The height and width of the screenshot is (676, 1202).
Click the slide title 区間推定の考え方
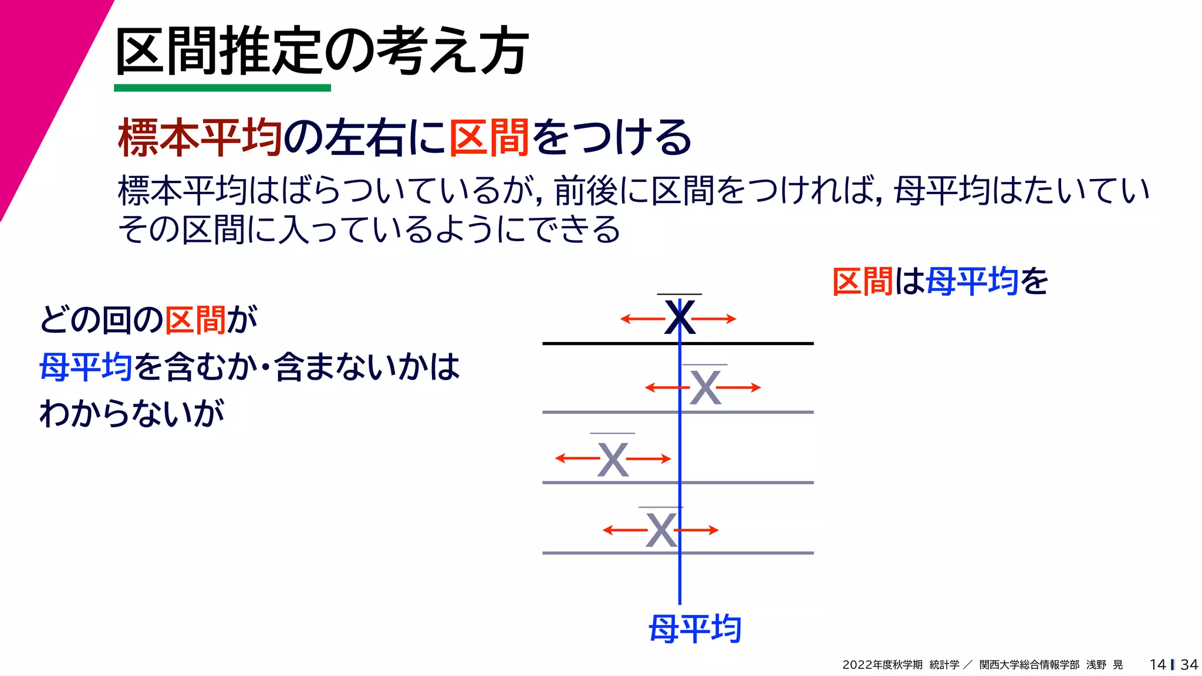(322, 52)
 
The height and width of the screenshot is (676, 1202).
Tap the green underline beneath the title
(222, 88)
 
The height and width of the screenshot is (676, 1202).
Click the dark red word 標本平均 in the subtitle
(200, 138)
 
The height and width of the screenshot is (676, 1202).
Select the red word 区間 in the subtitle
(489, 138)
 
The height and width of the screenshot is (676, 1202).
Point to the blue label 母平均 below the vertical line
(695, 629)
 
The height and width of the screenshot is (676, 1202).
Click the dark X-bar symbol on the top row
(680, 317)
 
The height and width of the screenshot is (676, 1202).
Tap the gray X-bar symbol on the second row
(705, 388)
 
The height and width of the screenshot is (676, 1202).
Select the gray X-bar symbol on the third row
(613, 459)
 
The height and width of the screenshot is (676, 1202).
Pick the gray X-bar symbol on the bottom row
(661, 530)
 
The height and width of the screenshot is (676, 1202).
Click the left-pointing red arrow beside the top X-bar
(641, 319)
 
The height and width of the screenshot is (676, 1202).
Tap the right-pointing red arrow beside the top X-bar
(715, 319)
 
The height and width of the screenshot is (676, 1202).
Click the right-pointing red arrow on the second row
(740, 387)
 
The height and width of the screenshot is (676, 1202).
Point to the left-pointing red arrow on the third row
(576, 458)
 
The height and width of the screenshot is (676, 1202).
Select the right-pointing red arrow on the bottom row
(698, 530)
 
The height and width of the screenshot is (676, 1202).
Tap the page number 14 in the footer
(1157, 664)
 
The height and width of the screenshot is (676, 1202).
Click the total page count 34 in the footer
(1189, 664)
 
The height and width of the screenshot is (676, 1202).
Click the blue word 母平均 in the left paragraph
(86, 367)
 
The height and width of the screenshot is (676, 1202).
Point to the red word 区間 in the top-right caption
(862, 282)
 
